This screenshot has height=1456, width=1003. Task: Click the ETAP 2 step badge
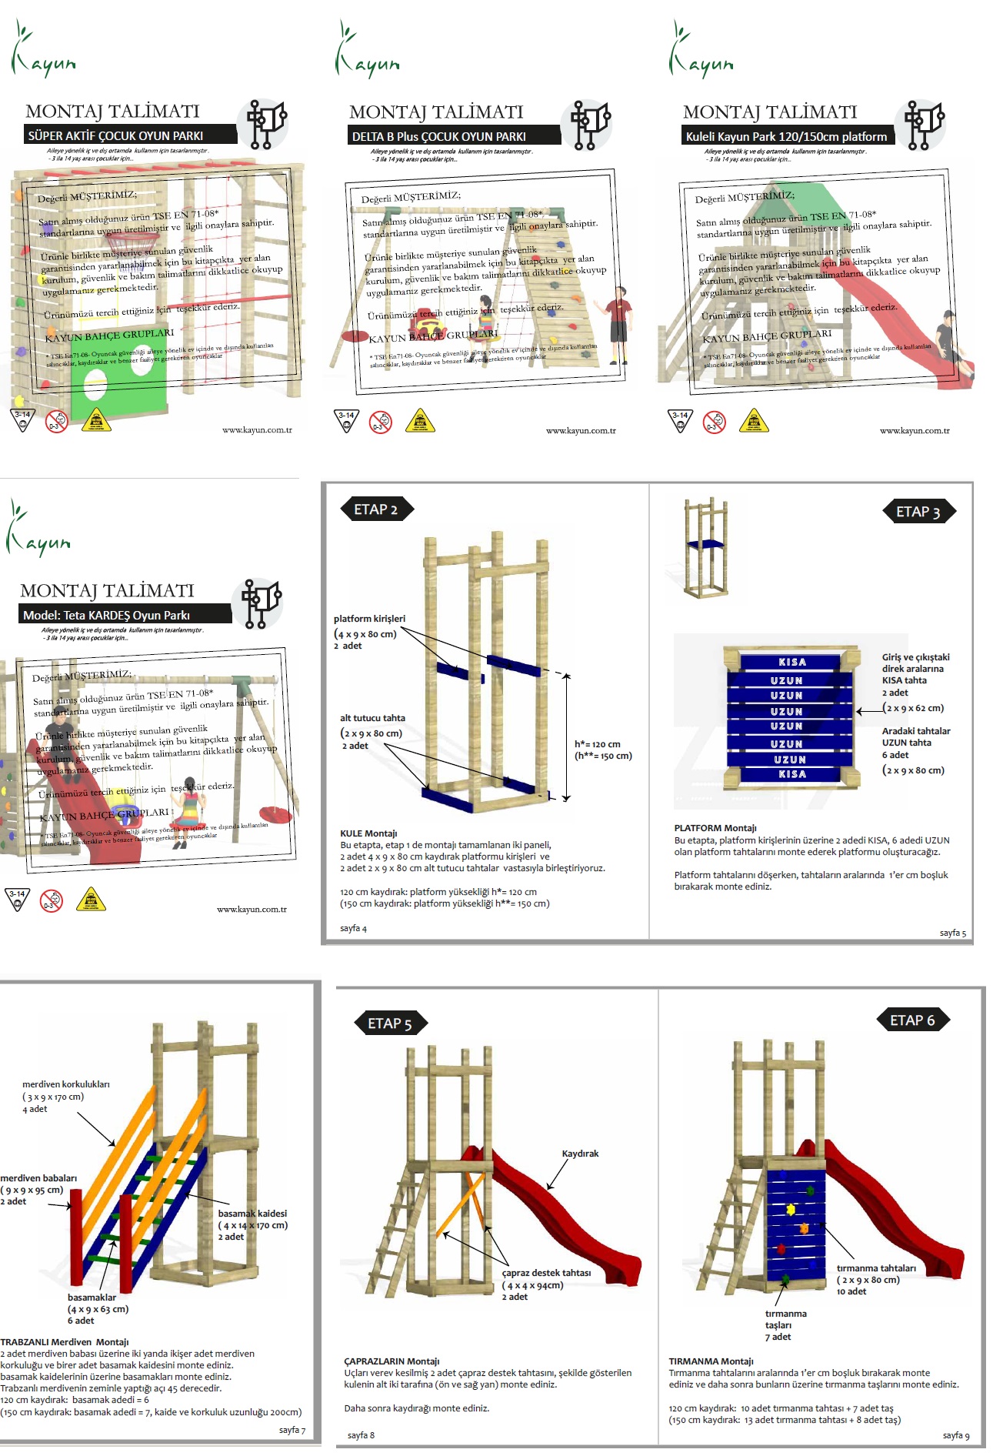coord(376,509)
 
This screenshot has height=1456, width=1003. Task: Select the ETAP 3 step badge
coord(918,512)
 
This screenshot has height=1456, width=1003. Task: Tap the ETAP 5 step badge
coord(390,1024)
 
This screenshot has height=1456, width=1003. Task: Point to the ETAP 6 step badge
coord(912,1020)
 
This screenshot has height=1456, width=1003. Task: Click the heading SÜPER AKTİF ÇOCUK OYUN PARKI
coord(116,135)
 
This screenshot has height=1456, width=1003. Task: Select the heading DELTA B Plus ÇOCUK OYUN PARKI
coord(439,136)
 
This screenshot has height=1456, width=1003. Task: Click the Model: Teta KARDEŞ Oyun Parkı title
coord(107,615)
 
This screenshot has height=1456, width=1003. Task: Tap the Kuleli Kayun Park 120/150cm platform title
coord(786,136)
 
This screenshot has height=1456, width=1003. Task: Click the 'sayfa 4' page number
coord(354,928)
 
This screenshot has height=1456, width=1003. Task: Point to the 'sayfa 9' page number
coord(956,1434)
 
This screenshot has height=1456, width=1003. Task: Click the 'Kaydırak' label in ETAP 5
coord(580,1154)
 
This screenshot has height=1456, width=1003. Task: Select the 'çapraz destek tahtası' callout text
coord(546,1273)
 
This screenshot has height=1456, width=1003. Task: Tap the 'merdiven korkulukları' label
coord(66,1084)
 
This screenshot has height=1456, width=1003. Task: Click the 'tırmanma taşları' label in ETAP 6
coord(785,1319)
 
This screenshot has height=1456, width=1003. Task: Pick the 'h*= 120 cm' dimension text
coord(598,744)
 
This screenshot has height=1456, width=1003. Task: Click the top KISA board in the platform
coord(792,662)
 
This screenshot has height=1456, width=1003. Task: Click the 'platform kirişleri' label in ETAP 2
coord(369,619)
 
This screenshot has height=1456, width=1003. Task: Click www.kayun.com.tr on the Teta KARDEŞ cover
coord(252,909)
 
